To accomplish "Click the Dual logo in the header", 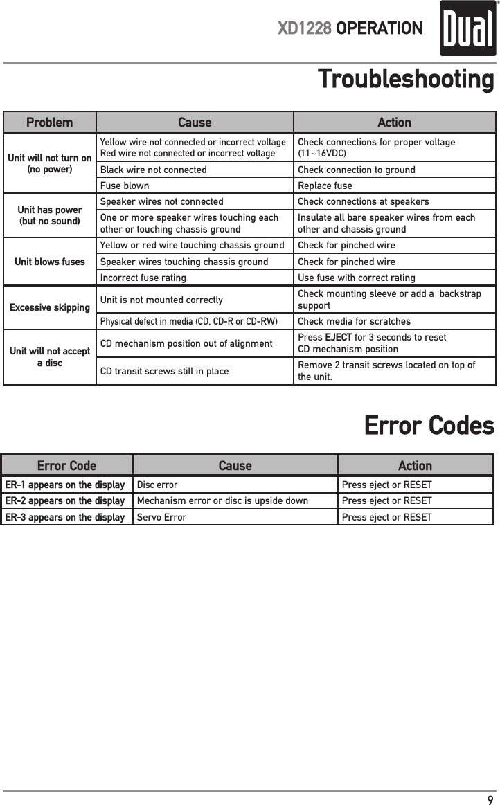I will click(468, 28).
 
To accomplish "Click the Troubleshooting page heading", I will click(405, 79).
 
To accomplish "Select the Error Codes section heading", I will click(429, 425).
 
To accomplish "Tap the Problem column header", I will click(49, 123).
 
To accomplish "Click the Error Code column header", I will click(66, 466).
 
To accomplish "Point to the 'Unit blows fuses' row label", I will click(50, 262).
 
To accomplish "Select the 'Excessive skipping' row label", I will click(50, 307).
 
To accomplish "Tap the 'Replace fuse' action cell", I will click(325, 186).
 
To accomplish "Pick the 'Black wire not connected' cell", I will click(154, 170).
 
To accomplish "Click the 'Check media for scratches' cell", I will click(354, 321).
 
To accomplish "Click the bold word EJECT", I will click(338, 337).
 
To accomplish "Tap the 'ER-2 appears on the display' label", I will click(65, 500).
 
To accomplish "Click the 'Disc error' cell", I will click(157, 485).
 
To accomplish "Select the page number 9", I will click(490, 800).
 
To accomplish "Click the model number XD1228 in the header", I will click(305, 28).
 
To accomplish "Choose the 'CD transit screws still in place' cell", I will click(165, 371).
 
